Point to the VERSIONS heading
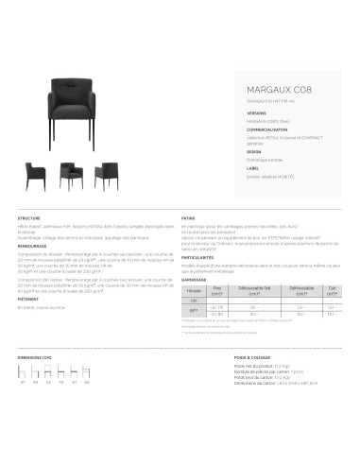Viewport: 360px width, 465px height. pos(230,112)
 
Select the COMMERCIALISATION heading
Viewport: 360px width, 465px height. pos(242,129)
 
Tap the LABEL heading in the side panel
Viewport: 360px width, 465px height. pos(227,168)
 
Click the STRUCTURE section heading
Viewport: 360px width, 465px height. pos(29,217)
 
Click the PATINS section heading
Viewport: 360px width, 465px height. pos(187,217)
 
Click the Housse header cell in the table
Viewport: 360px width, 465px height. pos(193,293)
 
